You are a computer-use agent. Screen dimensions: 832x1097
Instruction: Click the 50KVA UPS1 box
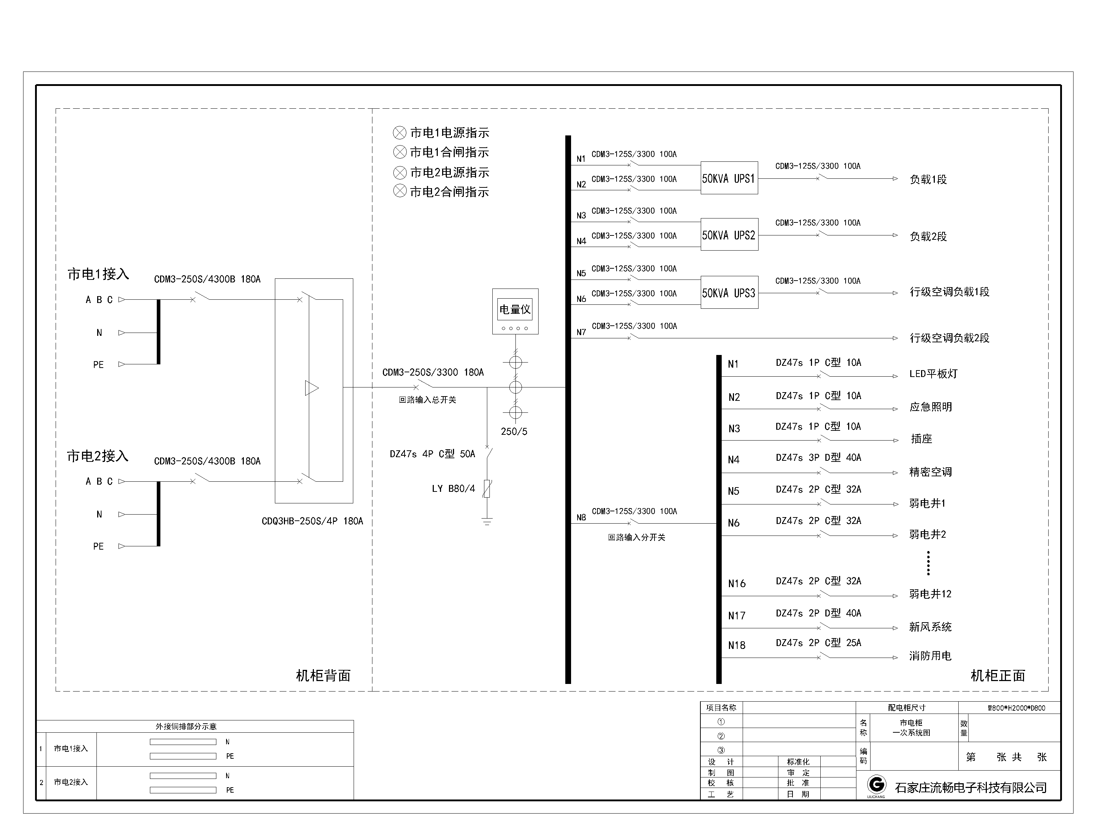(729, 178)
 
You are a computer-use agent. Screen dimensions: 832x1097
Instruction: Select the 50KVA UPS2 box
(729, 234)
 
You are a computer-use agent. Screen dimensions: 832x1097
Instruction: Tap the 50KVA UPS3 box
(729, 292)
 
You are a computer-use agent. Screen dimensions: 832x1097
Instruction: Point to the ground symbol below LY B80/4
(487, 521)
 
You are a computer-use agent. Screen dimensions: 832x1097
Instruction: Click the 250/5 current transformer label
(514, 432)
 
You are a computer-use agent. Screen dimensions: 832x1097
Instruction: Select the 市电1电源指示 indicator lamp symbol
(400, 133)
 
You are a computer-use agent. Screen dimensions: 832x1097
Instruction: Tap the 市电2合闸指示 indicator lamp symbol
(400, 191)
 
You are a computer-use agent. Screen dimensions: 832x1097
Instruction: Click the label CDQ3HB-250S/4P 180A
(312, 521)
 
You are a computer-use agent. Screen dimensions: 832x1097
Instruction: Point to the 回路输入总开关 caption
(427, 400)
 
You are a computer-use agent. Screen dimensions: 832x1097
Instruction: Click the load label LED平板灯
(933, 374)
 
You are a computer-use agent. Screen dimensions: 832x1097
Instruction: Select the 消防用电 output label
(930, 656)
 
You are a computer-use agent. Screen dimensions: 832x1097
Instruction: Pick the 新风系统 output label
(930, 627)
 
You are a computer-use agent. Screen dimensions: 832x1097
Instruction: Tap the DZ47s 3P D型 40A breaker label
(818, 458)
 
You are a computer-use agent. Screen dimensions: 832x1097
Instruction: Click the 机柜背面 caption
(323, 675)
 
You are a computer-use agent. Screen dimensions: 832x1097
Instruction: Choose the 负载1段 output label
(928, 179)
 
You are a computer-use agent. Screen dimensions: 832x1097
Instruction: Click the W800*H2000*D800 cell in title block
(1009, 708)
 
